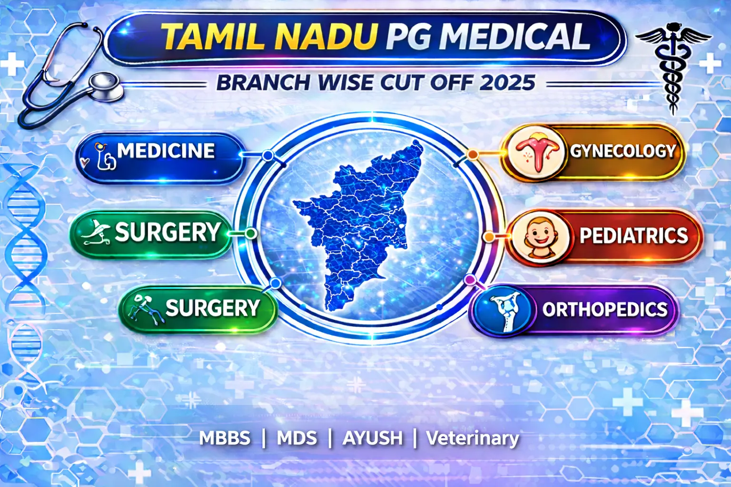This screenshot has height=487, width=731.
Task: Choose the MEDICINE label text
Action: tap(166, 151)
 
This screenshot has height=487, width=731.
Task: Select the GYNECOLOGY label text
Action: tap(623, 151)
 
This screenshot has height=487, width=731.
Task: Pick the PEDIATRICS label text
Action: tap(633, 236)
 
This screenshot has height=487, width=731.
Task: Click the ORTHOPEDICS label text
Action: tap(605, 310)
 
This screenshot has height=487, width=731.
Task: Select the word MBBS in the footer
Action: tap(225, 438)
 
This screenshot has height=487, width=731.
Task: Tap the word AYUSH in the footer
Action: tap(373, 438)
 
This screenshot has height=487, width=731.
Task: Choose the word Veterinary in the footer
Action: tap(472, 438)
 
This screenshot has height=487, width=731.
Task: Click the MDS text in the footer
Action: tap(297, 438)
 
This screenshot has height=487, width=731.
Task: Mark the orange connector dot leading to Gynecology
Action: tap(473, 155)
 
